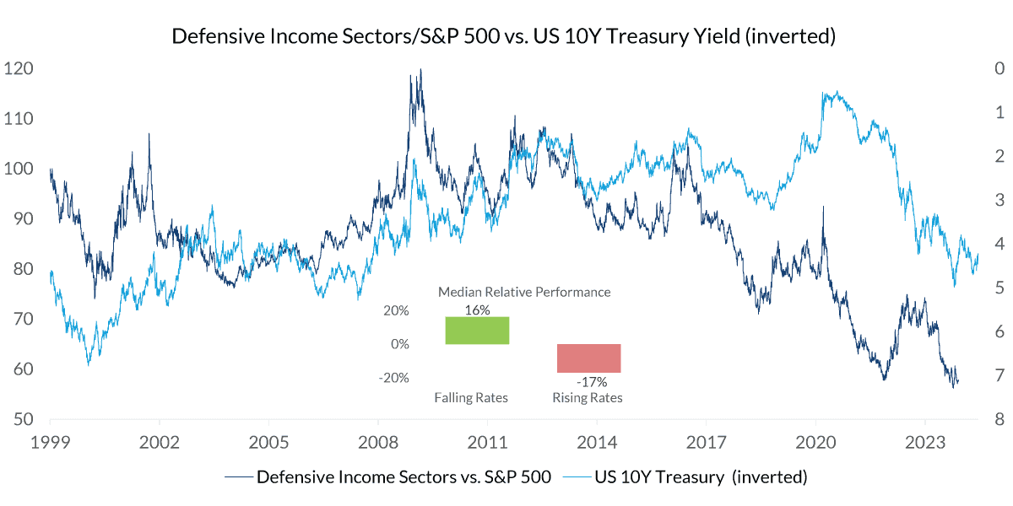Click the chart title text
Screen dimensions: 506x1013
tap(504, 36)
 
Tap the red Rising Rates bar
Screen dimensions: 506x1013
tap(588, 358)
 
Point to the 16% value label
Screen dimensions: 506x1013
tap(477, 310)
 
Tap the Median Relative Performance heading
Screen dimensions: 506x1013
tap(523, 292)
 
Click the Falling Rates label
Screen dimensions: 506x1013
tap(471, 397)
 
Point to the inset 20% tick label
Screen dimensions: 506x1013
tap(396, 310)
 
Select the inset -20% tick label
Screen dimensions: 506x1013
tap(393, 377)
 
